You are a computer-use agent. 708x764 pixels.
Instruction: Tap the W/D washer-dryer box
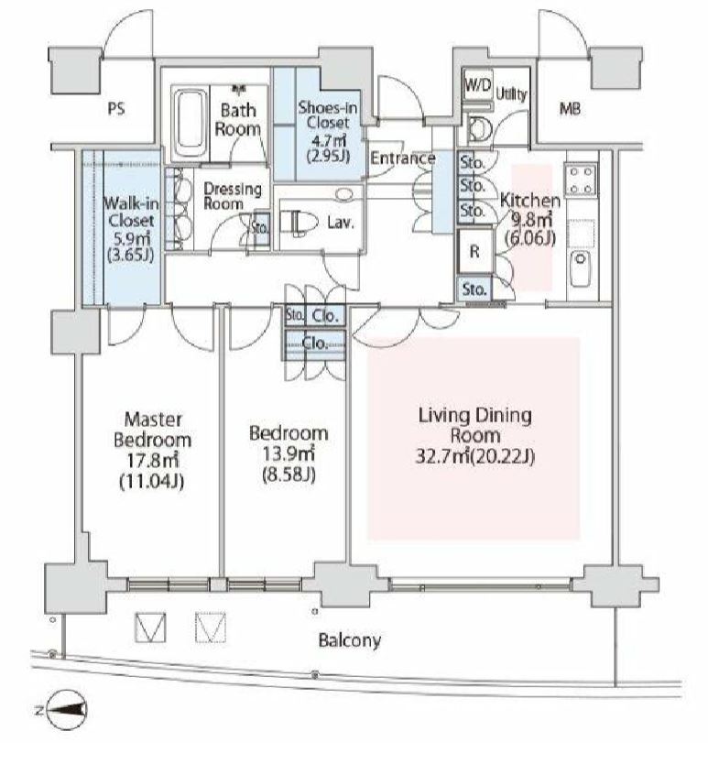click(x=478, y=85)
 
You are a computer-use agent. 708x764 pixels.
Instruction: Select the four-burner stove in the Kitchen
click(x=582, y=180)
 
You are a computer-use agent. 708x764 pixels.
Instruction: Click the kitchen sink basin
click(x=580, y=268)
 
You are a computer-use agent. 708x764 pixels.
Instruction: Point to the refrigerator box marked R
click(x=474, y=251)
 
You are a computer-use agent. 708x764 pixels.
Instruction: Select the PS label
click(x=116, y=108)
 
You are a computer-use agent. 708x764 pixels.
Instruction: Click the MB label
click(x=570, y=109)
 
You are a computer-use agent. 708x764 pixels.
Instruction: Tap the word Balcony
click(x=349, y=639)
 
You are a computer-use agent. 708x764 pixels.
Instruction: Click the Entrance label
click(x=402, y=158)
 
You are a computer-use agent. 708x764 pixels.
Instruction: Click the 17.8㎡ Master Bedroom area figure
click(x=151, y=460)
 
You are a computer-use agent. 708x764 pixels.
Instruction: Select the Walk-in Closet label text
click(x=131, y=212)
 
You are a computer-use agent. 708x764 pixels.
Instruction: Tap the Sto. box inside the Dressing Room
click(x=261, y=226)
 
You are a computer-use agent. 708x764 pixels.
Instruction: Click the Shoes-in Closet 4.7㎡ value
click(x=329, y=141)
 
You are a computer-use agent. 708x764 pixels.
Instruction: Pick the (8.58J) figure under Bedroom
click(x=289, y=475)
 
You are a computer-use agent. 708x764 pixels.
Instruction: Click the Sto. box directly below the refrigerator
click(x=474, y=289)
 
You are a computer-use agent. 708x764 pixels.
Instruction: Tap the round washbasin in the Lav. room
click(x=344, y=194)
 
